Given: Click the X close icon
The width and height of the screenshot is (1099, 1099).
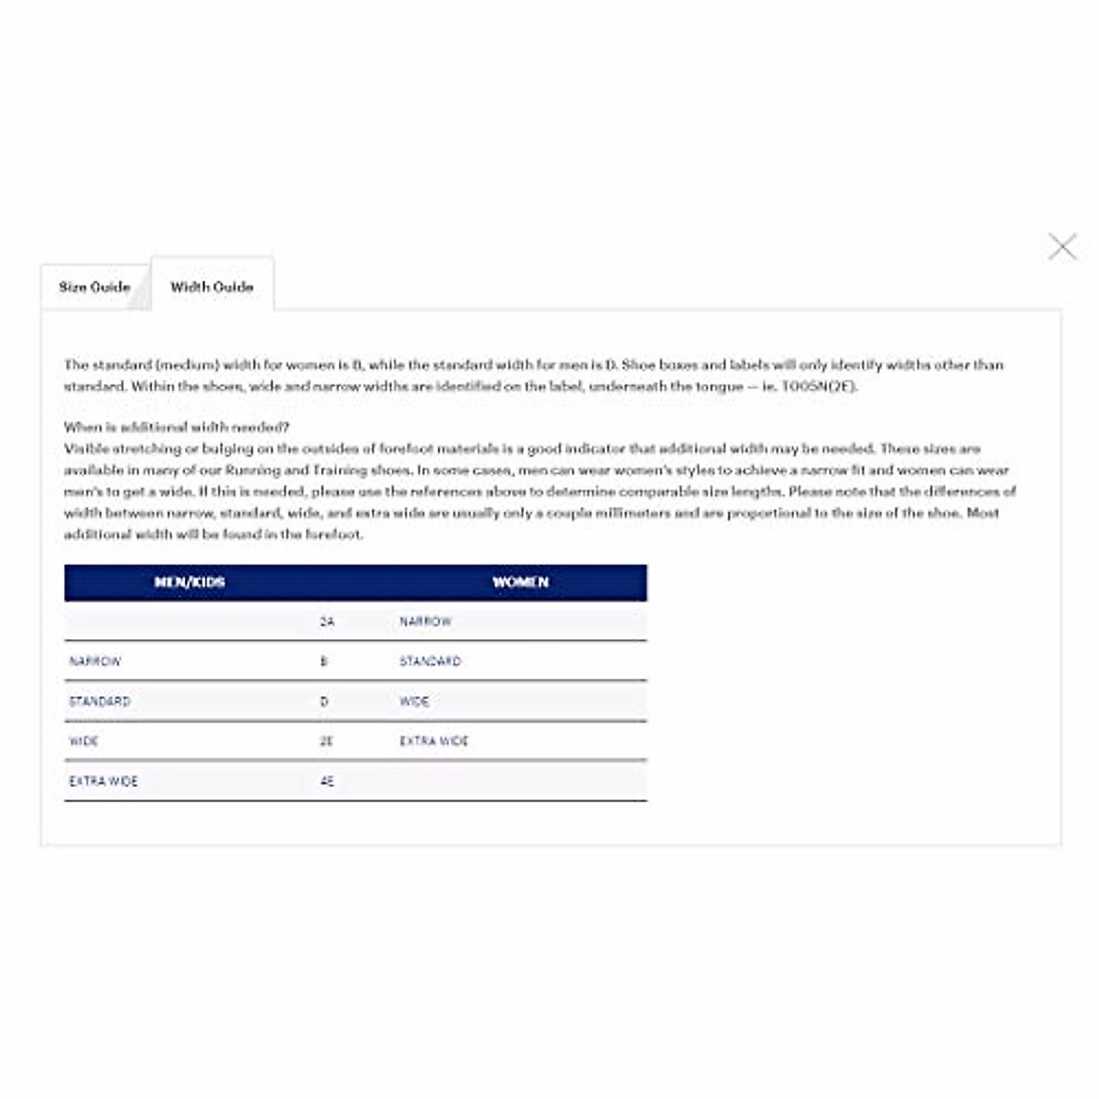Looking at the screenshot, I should pyautogui.click(x=1062, y=246).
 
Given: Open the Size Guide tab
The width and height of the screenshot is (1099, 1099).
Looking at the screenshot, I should pyautogui.click(x=94, y=287).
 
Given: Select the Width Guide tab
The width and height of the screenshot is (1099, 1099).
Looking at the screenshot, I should pyautogui.click(x=212, y=287).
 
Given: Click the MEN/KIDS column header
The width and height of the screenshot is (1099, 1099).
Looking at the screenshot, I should pyautogui.click(x=190, y=582).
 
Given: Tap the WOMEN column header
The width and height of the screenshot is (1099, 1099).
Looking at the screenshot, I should pyautogui.click(x=520, y=582).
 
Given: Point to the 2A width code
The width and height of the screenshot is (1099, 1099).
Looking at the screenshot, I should pyautogui.click(x=327, y=622).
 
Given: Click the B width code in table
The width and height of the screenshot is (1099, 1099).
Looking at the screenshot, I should pyautogui.click(x=323, y=661).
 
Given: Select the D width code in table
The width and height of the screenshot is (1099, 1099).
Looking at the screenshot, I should pyautogui.click(x=324, y=702).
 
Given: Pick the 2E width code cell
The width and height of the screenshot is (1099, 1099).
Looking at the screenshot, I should pyautogui.click(x=326, y=741).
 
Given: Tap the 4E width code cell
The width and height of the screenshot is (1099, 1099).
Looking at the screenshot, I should pyautogui.click(x=327, y=781).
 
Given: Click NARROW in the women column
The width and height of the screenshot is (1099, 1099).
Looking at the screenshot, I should pyautogui.click(x=426, y=622).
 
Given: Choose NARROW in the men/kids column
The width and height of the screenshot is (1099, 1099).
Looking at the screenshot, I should pyautogui.click(x=95, y=661).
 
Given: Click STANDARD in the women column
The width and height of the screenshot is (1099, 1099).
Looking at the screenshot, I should pyautogui.click(x=430, y=661).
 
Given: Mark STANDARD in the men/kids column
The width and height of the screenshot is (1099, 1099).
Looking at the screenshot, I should pyautogui.click(x=100, y=702).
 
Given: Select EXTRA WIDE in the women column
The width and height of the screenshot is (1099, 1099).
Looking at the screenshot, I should pyautogui.click(x=434, y=741).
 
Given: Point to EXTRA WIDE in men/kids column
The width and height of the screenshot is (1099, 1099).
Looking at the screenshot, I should pyautogui.click(x=103, y=781).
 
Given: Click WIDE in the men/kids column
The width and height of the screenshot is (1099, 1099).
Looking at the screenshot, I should pyautogui.click(x=83, y=741).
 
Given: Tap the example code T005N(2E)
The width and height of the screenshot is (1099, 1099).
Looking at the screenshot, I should pyautogui.click(x=819, y=386).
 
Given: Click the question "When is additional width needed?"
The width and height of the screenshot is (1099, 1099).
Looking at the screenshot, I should pyautogui.click(x=177, y=427).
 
